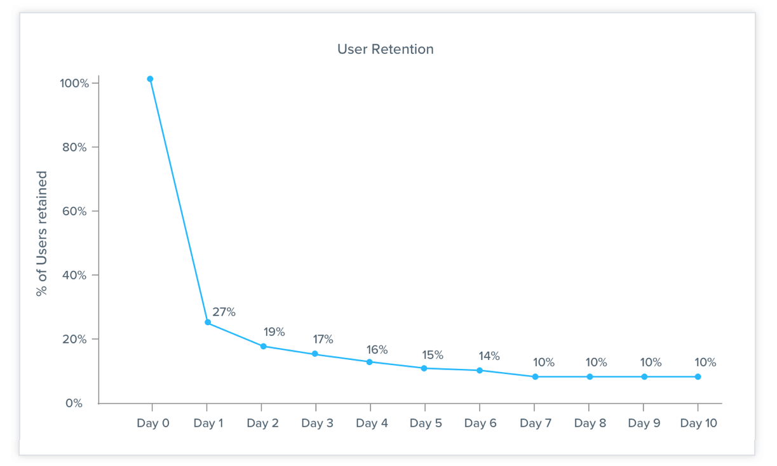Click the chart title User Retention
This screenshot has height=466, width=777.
click(x=385, y=50)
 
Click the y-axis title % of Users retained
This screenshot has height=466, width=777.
click(x=42, y=234)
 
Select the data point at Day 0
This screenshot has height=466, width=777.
click(x=150, y=79)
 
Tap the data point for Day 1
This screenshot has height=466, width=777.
click(x=208, y=323)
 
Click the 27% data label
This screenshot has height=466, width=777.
click(x=224, y=312)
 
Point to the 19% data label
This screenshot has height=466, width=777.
click(x=274, y=332)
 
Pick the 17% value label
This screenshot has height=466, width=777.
click(x=322, y=340)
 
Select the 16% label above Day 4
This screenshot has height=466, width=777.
click(x=377, y=350)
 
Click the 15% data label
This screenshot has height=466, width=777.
click(x=432, y=355)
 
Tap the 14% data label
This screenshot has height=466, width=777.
click(x=489, y=356)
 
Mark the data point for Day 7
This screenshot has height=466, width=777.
click(x=535, y=376)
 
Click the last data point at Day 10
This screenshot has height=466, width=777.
click(x=698, y=376)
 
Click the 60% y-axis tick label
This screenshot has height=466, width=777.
click(x=75, y=211)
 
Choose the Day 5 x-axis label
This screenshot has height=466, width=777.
click(x=426, y=423)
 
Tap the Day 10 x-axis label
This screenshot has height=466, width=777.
click(x=698, y=423)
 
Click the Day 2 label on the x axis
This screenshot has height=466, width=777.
click(x=262, y=423)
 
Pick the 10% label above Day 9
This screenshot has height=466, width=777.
click(x=651, y=363)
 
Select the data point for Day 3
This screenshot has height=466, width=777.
click(x=314, y=354)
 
